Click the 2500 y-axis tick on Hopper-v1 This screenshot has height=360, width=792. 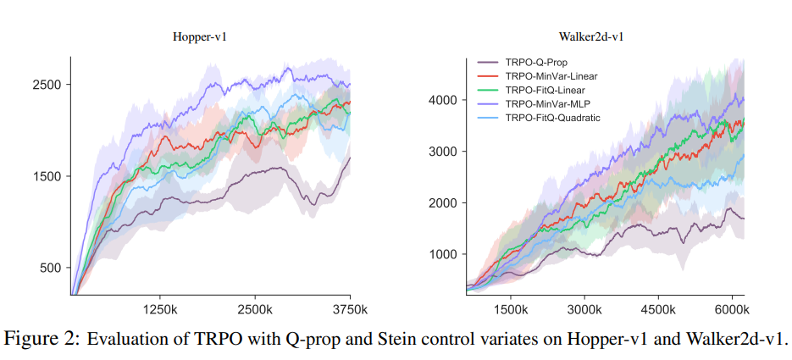coord(47,85)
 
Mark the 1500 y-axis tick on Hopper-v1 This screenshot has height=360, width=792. coord(47,176)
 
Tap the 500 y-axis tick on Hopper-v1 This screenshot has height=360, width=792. coord(50,268)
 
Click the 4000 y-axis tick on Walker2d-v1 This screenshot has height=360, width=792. coord(442,100)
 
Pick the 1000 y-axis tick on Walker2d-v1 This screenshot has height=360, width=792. coord(442,254)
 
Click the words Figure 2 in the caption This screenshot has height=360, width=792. coord(43,339)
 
